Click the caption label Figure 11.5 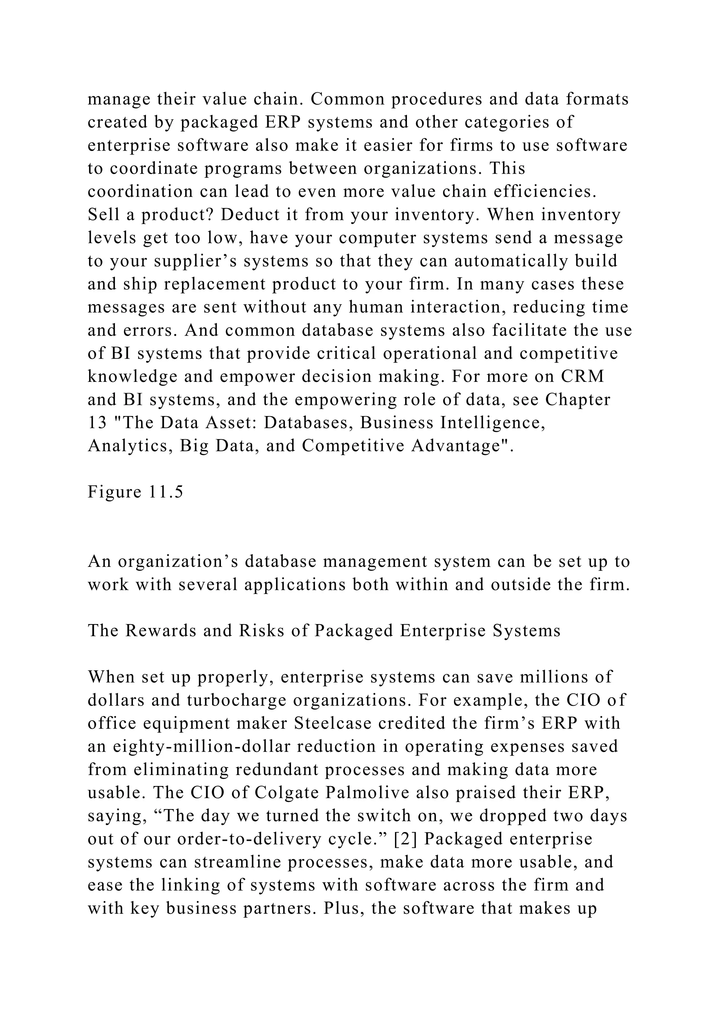tap(135, 491)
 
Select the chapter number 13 tap(97, 422)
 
